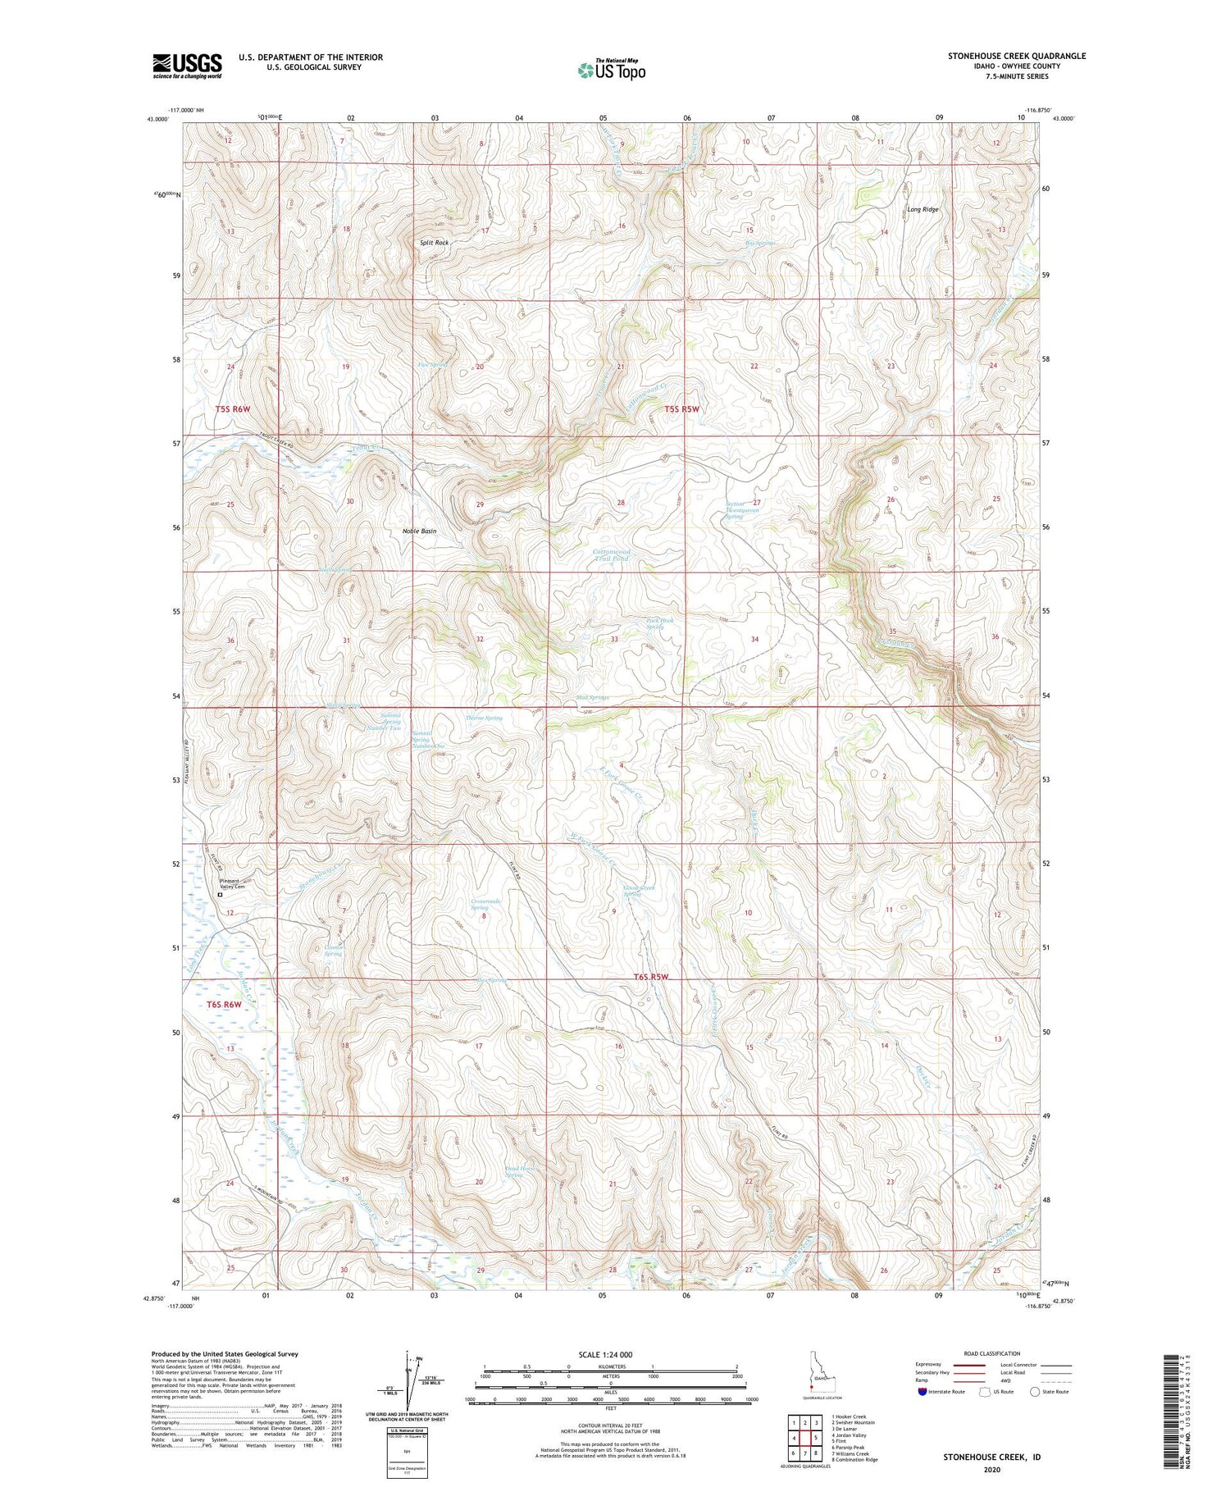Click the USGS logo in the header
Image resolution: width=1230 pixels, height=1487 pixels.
click(x=187, y=66)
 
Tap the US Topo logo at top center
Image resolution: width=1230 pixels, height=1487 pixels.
click(x=611, y=70)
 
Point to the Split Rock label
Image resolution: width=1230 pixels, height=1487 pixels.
click(x=434, y=243)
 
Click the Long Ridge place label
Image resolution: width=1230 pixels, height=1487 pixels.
click(x=922, y=209)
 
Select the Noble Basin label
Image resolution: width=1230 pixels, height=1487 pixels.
click(x=419, y=531)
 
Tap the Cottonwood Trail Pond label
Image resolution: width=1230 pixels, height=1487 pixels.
click(x=612, y=555)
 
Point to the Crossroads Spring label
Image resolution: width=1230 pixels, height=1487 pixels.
click(x=485, y=904)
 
